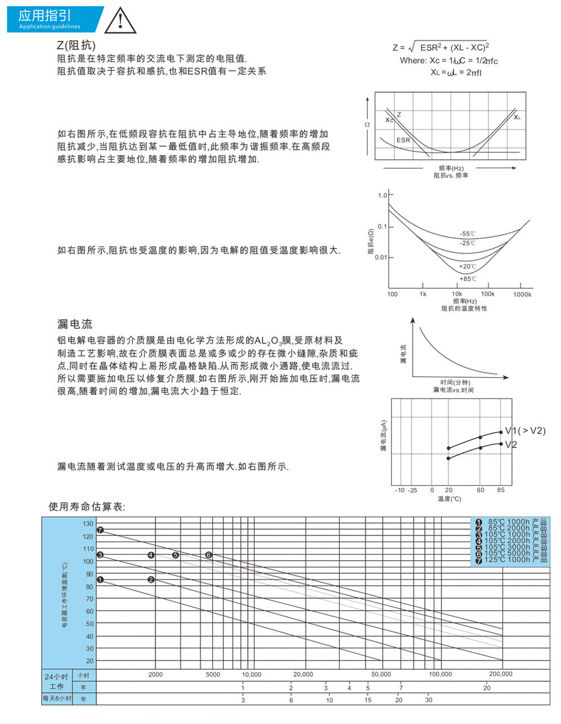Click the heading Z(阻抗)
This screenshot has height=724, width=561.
tap(76, 45)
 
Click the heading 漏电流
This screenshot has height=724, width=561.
tap(74, 324)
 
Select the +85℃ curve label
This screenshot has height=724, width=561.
tap(468, 279)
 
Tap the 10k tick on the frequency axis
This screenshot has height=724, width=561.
tap(457, 294)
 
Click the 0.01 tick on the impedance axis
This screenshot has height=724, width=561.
tap(380, 257)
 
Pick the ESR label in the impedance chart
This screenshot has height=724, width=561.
tap(403, 140)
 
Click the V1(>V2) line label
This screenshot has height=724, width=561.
tap(525, 431)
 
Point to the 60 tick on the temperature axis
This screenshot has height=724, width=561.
tap(481, 490)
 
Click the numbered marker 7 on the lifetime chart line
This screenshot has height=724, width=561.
tap(100, 530)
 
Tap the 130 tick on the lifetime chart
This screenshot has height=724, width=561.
tap(88, 523)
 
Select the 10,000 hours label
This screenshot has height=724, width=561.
tap(252, 675)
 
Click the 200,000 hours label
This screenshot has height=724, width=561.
tap(500, 674)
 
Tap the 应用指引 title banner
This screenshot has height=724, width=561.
tap(51, 19)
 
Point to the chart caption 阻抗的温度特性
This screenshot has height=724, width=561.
tap(464, 309)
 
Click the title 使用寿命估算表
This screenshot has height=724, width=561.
tap(87, 507)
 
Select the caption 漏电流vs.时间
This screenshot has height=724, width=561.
tap(453, 390)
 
